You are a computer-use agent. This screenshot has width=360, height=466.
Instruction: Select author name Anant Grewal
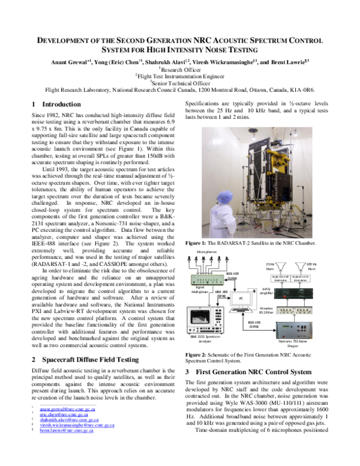tap(69, 61)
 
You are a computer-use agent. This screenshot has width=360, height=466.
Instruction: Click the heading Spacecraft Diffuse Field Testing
tap(92, 359)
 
